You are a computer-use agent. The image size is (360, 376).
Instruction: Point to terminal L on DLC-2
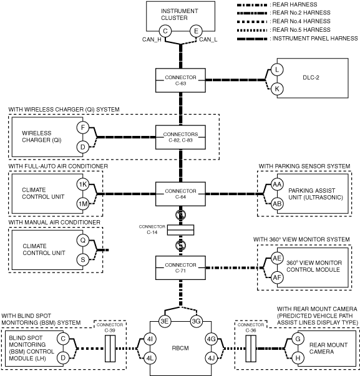pyautogui.click(x=277, y=70)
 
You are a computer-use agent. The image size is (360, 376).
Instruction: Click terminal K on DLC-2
pyautogui.click(x=277, y=89)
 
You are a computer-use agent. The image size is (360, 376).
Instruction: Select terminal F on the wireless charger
pyautogui.click(x=83, y=128)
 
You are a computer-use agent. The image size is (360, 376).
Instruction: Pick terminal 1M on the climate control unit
pyautogui.click(x=83, y=204)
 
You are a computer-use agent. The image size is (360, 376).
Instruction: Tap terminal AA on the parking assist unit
pyautogui.click(x=277, y=185)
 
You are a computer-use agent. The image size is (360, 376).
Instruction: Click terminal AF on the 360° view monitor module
pyautogui.click(x=277, y=277)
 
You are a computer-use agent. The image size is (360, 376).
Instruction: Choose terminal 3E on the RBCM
pyautogui.click(x=165, y=321)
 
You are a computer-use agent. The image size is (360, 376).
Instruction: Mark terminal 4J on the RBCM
pyautogui.click(x=212, y=359)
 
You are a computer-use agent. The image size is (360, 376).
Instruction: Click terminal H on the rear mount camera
pyautogui.click(x=298, y=358)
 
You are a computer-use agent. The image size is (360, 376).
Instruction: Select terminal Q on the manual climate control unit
pyautogui.click(x=83, y=240)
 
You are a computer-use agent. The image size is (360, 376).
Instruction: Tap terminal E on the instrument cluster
pyautogui.click(x=196, y=31)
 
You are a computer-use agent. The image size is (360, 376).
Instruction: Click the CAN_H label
pyautogui.click(x=152, y=39)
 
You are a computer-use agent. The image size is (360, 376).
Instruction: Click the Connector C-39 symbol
pyautogui.click(x=110, y=349)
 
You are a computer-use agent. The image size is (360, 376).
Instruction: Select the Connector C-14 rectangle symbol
pyautogui.click(x=180, y=230)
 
